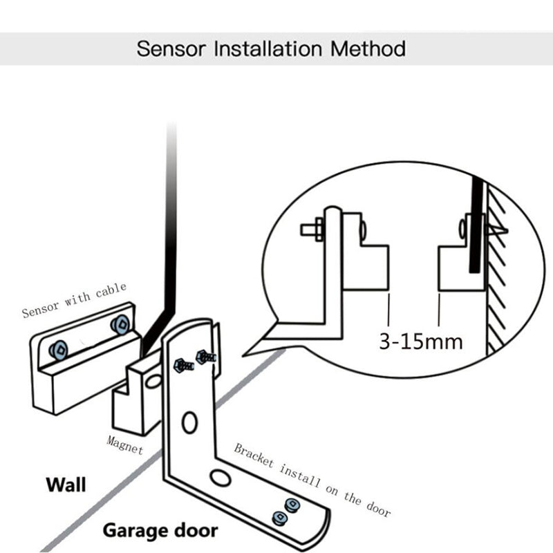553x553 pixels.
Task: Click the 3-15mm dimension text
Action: (x=420, y=341)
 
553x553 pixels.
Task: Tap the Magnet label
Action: (x=125, y=444)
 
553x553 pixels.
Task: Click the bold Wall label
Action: (x=66, y=485)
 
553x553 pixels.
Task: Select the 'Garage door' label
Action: (x=160, y=531)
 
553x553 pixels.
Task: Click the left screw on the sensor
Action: (x=57, y=350)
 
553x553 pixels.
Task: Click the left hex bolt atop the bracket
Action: (x=182, y=364)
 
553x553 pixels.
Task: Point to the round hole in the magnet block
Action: (x=153, y=382)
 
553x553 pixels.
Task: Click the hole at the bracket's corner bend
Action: (x=221, y=478)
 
